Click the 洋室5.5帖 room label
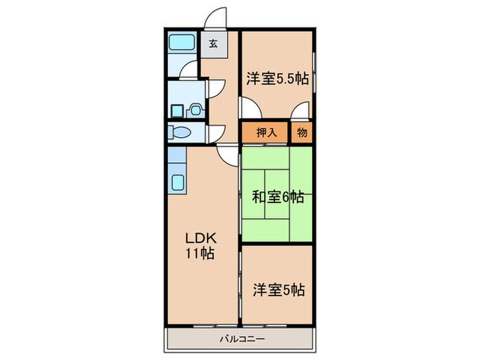tap(276, 78)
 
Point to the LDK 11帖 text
tap(202, 245)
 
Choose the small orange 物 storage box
tap(302, 133)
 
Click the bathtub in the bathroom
tap(182, 43)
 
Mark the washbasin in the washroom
tap(194, 108)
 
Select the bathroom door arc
tap(189, 69)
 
